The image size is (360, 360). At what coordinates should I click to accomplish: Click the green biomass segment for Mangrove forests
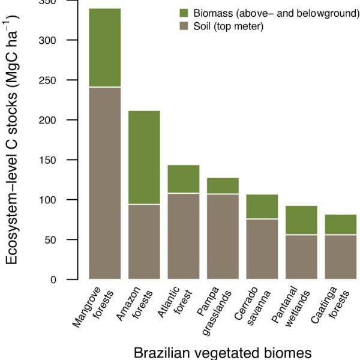click(x=104, y=48)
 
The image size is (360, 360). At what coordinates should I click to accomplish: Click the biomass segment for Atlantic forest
click(x=183, y=179)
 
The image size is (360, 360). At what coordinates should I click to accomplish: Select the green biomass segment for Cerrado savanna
click(x=262, y=206)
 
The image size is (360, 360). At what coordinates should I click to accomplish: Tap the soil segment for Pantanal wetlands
click(x=301, y=257)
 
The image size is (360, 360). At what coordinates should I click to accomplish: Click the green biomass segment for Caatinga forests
click(x=340, y=224)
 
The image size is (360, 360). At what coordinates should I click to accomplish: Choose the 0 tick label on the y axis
click(x=58, y=280)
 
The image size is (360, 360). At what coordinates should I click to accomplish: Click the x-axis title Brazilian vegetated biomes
click(x=223, y=352)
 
